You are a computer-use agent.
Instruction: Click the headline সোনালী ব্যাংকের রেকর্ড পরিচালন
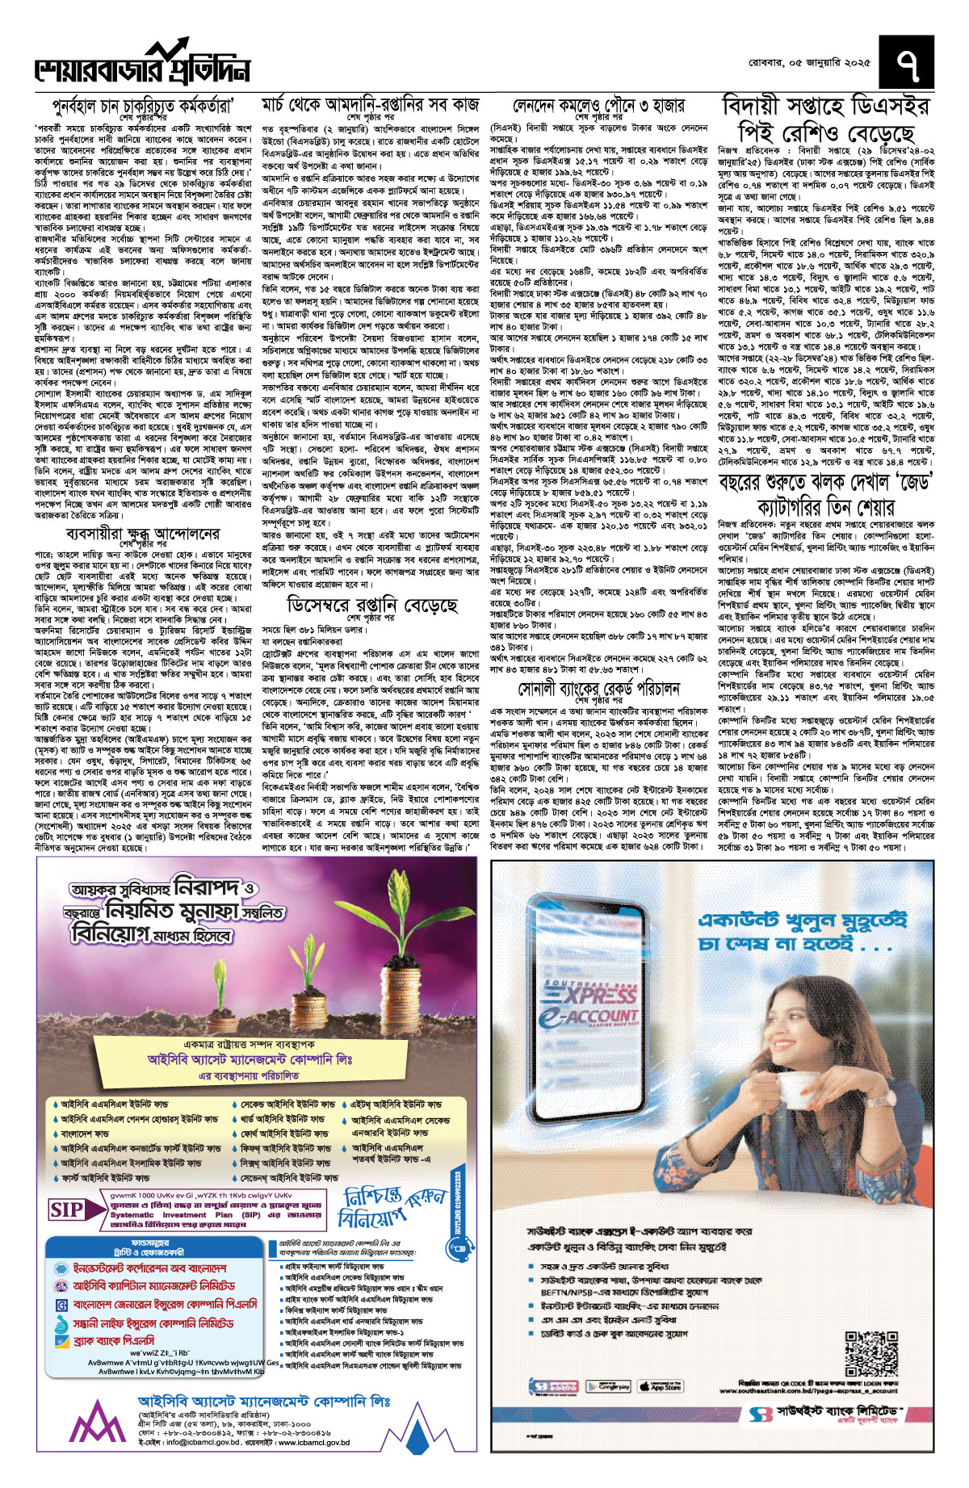click(598, 689)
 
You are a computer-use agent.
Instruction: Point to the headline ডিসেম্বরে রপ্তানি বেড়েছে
click(372, 605)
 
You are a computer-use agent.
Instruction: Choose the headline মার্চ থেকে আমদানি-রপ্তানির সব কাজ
click(371, 105)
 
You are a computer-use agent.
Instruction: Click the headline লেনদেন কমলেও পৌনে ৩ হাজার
click(598, 106)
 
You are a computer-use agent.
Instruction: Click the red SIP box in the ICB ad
click(67, 1209)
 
